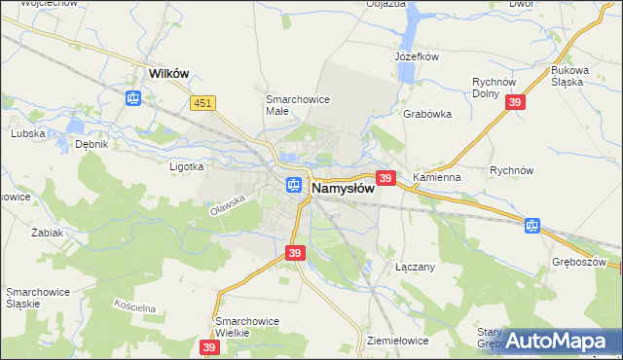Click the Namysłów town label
(343, 188)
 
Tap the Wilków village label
(166, 73)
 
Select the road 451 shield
(202, 102)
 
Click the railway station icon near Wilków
(133, 97)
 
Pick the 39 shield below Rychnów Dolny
(517, 103)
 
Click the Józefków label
(417, 56)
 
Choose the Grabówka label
(427, 114)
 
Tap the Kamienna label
(435, 179)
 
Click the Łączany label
(414, 266)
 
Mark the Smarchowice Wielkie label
(246, 327)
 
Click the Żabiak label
(47, 234)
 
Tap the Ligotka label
(186, 166)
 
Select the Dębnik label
(91, 144)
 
